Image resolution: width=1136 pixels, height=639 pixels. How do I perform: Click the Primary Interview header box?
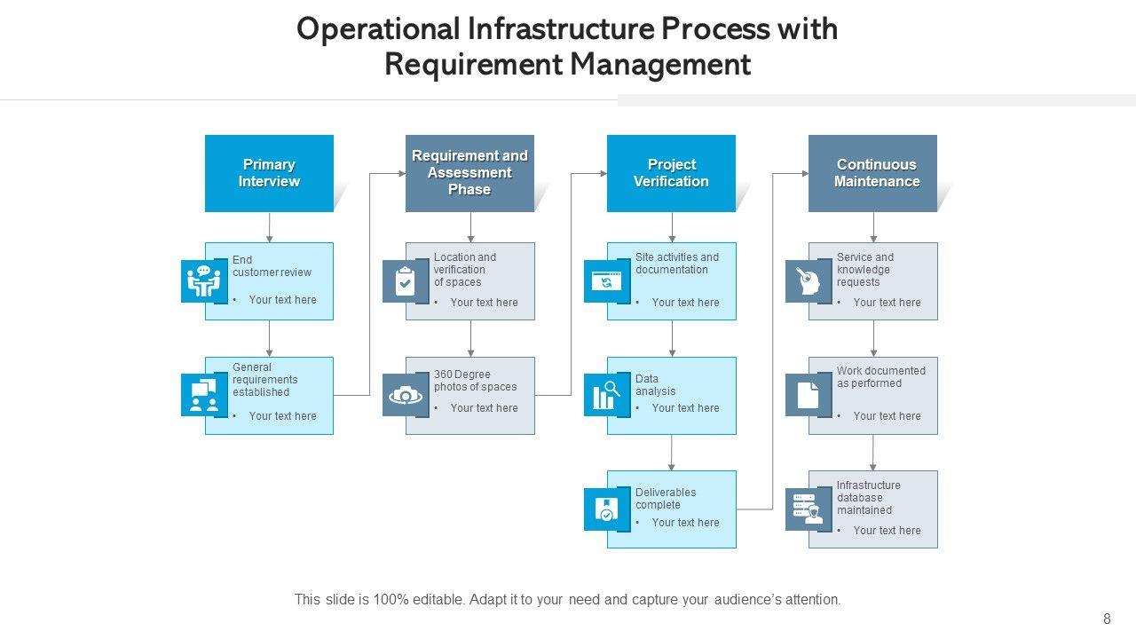[269, 173]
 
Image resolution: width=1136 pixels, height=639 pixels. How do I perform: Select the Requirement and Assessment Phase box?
[469, 173]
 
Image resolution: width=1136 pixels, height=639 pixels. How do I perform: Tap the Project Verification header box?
[672, 173]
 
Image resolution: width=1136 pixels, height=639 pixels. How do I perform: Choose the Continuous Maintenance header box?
[872, 173]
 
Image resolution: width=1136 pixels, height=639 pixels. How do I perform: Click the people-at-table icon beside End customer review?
[204, 281]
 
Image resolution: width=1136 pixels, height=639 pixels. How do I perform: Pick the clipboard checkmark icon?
[405, 281]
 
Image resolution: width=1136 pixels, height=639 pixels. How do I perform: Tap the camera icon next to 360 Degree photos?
[406, 396]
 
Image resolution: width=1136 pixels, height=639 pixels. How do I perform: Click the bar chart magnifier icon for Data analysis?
[606, 395]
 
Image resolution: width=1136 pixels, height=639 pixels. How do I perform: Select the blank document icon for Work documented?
[808, 395]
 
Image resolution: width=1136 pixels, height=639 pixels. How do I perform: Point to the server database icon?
[808, 509]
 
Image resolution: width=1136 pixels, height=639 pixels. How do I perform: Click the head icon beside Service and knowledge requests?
[808, 281]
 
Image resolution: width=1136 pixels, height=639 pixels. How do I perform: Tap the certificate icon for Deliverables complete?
[606, 509]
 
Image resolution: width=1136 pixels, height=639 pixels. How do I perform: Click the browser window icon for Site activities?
[606, 281]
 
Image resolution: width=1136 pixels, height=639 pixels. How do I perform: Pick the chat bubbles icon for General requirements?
[204, 395]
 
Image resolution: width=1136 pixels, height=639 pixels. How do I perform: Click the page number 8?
[1107, 619]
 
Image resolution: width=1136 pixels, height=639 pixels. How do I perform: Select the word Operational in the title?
[378, 29]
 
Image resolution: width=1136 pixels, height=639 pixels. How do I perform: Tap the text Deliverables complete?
[666, 499]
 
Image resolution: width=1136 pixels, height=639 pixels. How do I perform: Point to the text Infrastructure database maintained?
[868, 498]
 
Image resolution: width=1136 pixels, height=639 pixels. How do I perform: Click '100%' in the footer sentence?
[390, 599]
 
